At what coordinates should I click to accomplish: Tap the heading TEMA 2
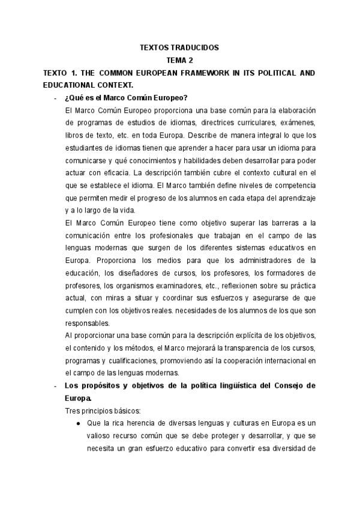click(180, 60)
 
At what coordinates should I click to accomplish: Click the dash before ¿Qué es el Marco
click(55, 98)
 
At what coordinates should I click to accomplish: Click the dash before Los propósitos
click(55, 386)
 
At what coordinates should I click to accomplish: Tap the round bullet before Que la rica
click(79, 424)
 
